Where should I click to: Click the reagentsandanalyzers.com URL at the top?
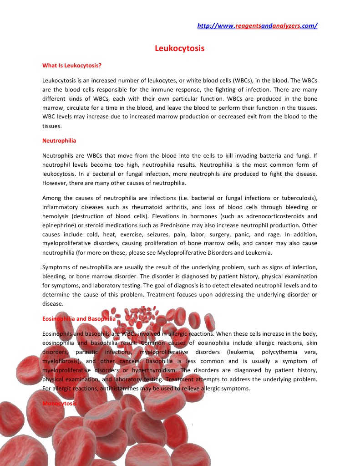point(257,26)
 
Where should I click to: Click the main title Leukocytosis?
point(180,48)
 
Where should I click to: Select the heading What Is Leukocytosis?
point(71,65)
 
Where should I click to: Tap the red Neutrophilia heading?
point(59,141)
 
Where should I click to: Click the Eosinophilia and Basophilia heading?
point(79,319)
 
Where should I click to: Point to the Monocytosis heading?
point(60,404)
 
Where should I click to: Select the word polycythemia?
point(281,352)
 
